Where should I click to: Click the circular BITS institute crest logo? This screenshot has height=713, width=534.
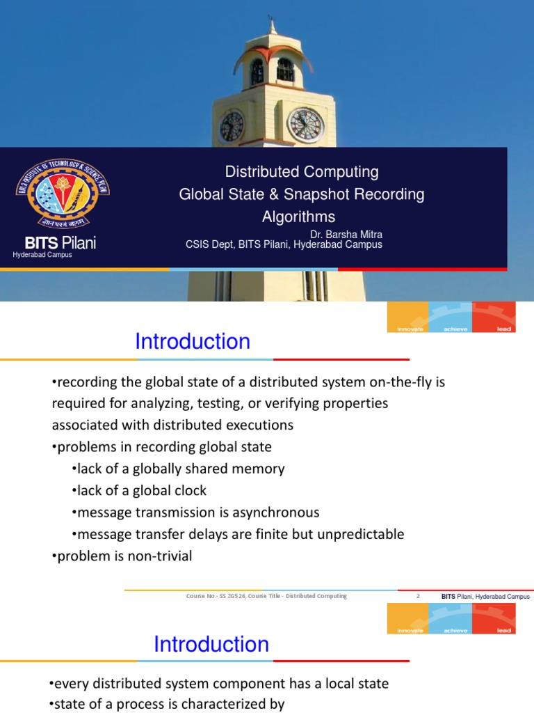(63, 194)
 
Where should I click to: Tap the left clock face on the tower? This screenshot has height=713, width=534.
(232, 127)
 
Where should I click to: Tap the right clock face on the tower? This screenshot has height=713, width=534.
(305, 125)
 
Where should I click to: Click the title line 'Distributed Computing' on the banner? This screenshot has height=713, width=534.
(302, 172)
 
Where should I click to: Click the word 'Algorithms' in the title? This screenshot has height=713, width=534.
(298, 217)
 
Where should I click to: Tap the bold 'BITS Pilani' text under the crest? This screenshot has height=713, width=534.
(60, 243)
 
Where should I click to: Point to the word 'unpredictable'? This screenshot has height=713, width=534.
(361, 534)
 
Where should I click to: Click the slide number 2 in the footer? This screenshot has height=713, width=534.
(419, 596)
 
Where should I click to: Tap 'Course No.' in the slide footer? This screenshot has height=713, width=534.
(200, 596)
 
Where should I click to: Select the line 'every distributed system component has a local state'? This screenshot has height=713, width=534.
(220, 683)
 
